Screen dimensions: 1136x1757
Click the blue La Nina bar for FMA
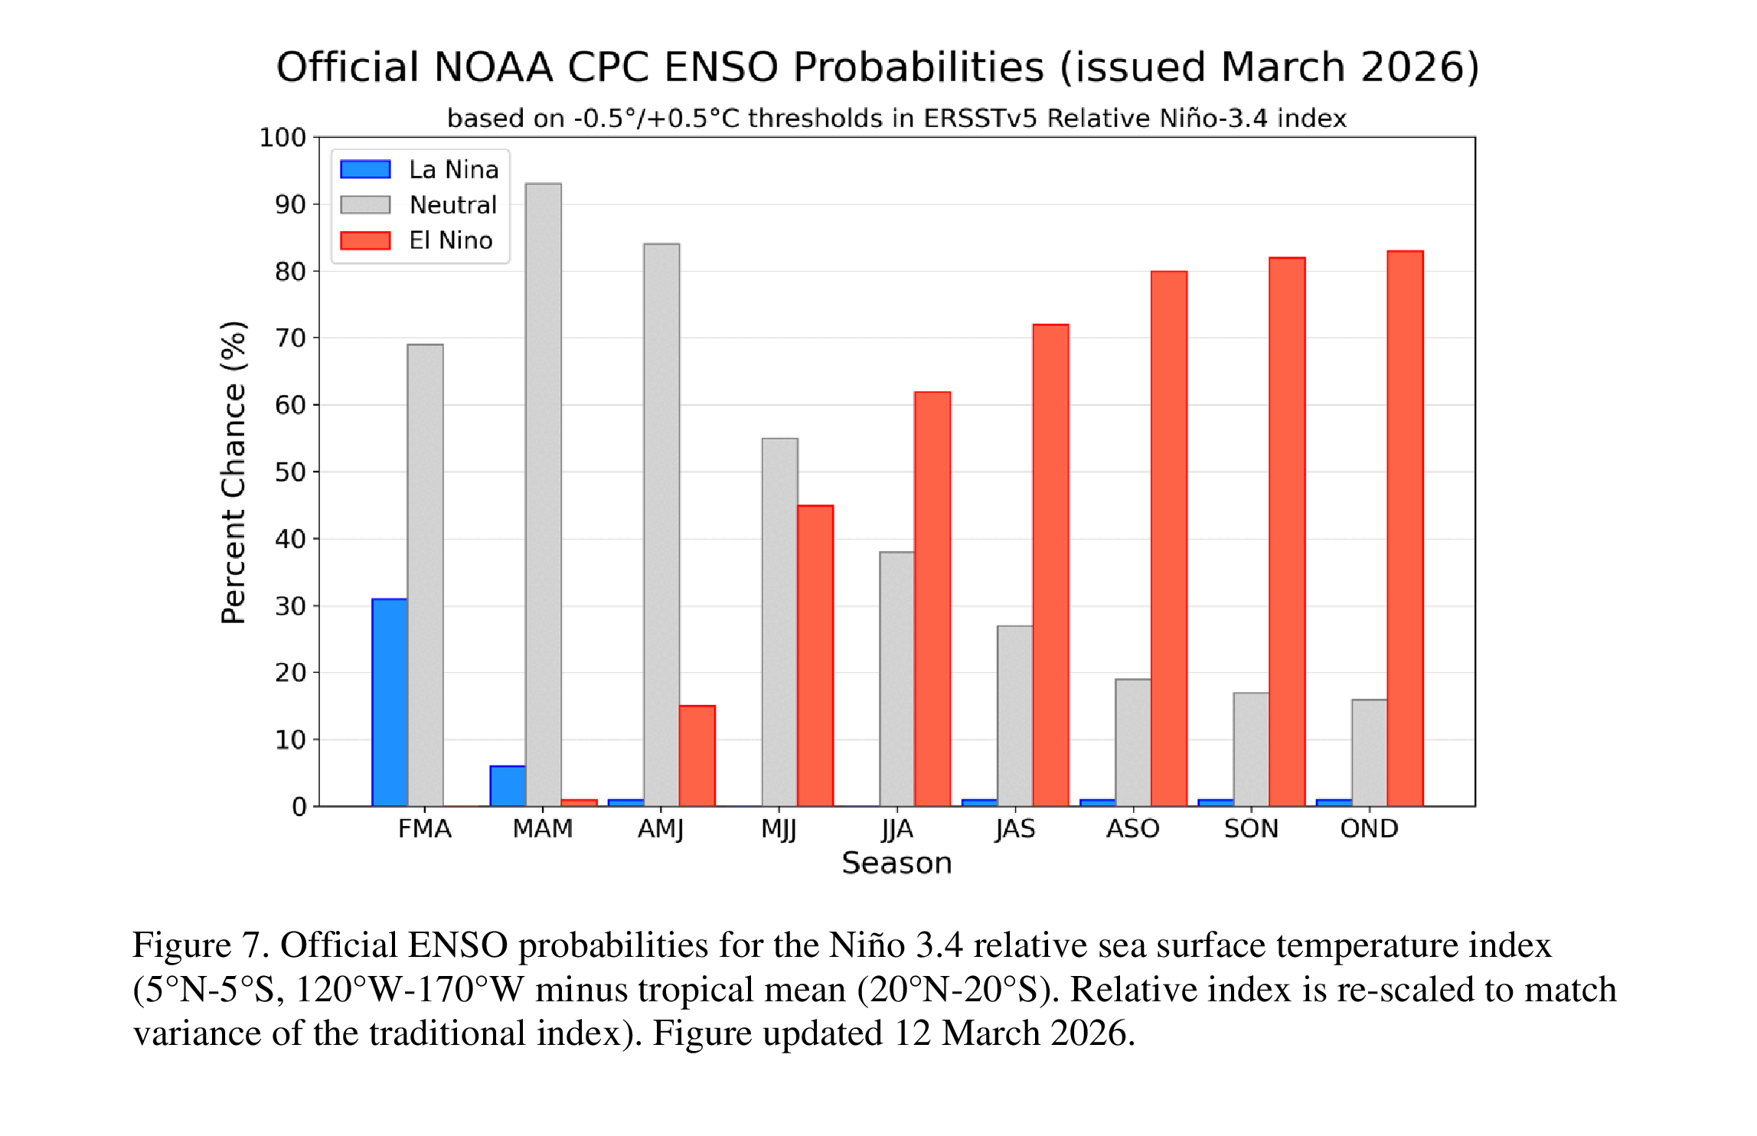click(x=390, y=702)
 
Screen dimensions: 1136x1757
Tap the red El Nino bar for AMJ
click(x=697, y=756)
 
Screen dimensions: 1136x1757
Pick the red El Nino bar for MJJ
click(x=815, y=655)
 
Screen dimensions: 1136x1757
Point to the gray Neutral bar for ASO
click(x=1133, y=742)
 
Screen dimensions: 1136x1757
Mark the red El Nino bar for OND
click(x=1405, y=528)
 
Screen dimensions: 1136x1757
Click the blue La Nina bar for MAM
click(x=508, y=785)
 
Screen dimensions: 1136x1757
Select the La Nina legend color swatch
click(x=365, y=169)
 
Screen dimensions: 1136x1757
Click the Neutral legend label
click(x=453, y=205)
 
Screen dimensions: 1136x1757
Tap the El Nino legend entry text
click(x=451, y=240)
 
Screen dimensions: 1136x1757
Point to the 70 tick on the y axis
click(x=290, y=338)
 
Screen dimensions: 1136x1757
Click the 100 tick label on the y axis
click(x=282, y=138)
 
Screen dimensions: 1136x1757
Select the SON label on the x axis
click(x=1251, y=828)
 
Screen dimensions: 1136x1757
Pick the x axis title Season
click(x=896, y=863)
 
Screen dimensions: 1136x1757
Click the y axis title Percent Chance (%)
click(x=234, y=472)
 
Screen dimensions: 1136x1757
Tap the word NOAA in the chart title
click(x=493, y=67)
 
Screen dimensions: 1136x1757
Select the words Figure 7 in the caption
click(x=200, y=945)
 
